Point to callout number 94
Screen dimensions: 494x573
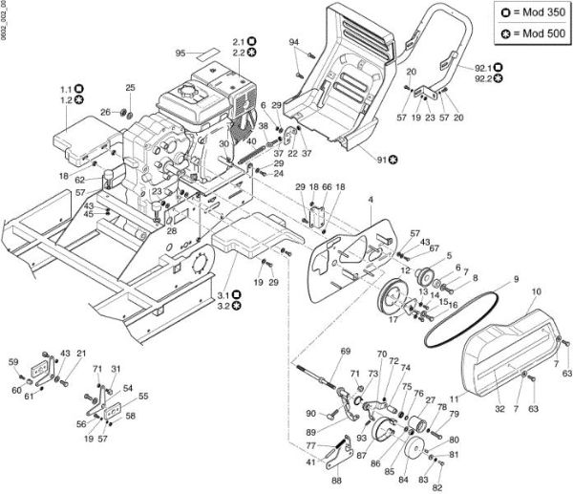(294, 41)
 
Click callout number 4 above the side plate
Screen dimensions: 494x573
(370, 199)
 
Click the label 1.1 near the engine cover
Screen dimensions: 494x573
(66, 87)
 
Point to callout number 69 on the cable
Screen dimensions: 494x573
(346, 352)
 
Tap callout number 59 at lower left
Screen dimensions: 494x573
(13, 361)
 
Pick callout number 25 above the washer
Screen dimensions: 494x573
(131, 88)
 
